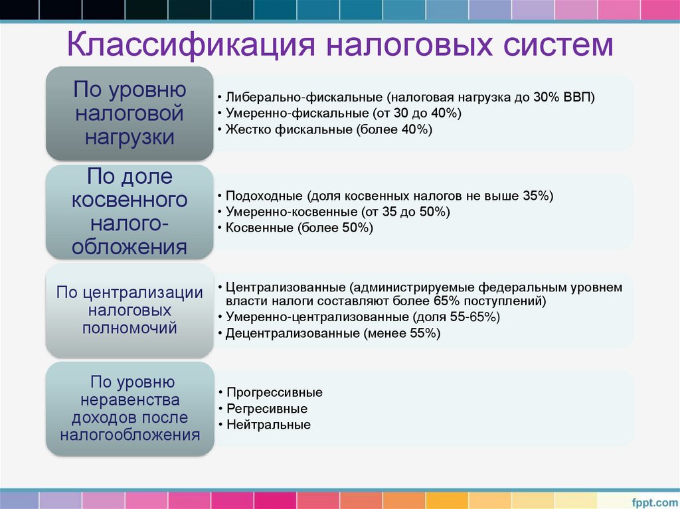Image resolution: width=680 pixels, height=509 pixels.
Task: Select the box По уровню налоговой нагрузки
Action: tap(129, 113)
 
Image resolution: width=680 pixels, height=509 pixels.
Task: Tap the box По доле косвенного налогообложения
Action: tap(129, 212)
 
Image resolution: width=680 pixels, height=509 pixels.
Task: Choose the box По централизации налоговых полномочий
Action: tap(129, 310)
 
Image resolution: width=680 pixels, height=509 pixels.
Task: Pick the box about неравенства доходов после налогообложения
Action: tap(129, 409)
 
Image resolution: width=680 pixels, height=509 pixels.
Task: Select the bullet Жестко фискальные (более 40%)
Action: tap(329, 130)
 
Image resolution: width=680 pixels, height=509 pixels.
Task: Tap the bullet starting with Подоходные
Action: tap(388, 196)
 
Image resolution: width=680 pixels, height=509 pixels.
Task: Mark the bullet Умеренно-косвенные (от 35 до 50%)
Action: tap(337, 212)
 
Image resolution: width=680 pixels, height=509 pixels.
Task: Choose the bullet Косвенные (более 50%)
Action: tap(299, 228)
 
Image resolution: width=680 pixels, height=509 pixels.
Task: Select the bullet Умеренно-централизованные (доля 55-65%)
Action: tap(363, 317)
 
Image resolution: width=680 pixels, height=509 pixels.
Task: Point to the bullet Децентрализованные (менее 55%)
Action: tap(333, 334)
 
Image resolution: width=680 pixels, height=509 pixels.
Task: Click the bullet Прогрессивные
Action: tap(274, 392)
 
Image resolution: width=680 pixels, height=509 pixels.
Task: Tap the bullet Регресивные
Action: tap(267, 409)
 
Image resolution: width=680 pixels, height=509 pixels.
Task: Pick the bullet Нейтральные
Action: tap(268, 425)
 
